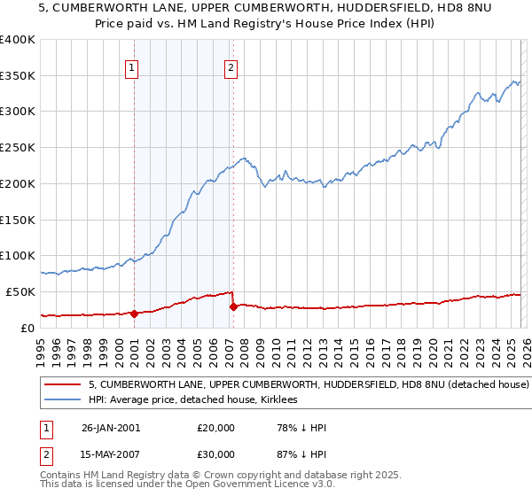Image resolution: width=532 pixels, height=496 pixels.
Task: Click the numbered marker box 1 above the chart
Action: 132,66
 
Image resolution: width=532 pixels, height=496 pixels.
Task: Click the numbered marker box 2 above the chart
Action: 231,66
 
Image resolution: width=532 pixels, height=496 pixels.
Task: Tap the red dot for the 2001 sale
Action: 134,314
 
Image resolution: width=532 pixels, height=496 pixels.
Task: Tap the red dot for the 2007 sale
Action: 233,306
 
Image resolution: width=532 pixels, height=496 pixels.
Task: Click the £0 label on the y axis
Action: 27,328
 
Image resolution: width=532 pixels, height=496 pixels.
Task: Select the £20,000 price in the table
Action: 216,428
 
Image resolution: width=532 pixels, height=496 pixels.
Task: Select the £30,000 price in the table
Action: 216,454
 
